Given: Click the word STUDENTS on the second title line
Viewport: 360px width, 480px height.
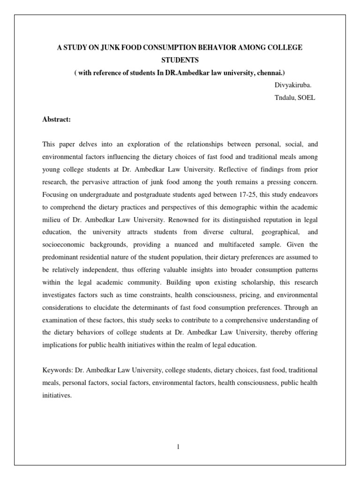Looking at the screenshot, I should (180, 60).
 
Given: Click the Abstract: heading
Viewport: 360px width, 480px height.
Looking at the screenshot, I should (56, 120).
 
